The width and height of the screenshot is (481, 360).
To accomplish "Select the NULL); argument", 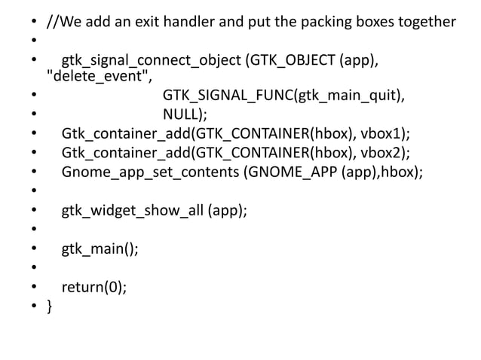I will pyautogui.click(x=185, y=114).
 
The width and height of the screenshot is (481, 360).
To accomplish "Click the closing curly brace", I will pyautogui.click(x=50, y=306).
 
